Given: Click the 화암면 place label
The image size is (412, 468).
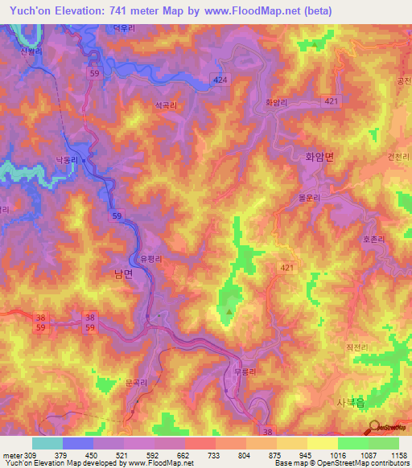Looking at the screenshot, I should (x=317, y=158).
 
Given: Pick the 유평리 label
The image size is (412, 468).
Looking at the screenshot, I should (x=151, y=260).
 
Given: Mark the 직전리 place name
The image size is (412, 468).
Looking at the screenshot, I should (x=356, y=347).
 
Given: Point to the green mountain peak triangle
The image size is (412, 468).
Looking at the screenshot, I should (x=229, y=312).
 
